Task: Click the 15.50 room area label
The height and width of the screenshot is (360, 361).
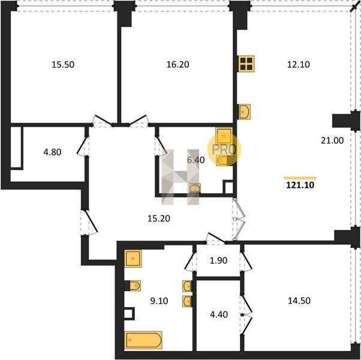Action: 63,64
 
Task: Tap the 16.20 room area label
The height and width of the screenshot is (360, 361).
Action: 178,64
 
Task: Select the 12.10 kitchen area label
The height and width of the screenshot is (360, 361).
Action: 299,64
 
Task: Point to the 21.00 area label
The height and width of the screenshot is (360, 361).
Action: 332,140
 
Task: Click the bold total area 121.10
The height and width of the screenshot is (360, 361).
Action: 300,185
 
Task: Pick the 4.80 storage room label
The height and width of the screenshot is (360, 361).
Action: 53,152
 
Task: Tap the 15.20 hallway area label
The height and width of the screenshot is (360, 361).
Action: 159,218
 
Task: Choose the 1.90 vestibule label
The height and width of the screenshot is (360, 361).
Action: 218,260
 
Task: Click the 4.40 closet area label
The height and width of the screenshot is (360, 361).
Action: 219,314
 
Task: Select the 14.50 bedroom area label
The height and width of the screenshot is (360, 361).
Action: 299,301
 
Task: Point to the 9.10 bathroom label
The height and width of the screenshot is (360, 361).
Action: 159,301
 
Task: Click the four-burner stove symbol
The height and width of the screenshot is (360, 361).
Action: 246,64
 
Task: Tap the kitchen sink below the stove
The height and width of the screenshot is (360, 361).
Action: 244,112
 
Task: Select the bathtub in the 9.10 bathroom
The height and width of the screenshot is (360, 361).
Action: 143,340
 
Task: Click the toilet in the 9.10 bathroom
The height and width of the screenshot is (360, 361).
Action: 133,286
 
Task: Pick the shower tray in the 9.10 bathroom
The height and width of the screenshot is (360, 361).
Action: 133,259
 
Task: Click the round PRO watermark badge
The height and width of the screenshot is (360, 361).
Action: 224,149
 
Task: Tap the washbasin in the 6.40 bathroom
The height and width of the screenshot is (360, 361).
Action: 195,188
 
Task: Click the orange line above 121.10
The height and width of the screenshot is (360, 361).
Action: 300,178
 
